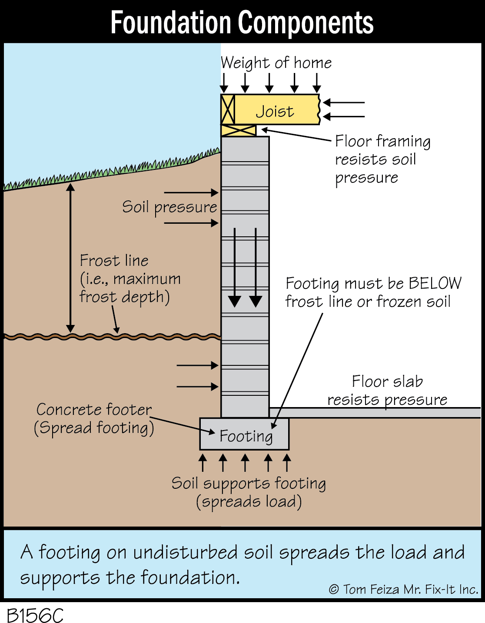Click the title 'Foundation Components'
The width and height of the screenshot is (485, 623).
[242, 22]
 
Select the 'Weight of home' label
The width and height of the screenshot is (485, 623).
[276, 63]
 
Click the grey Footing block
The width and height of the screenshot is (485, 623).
[244, 434]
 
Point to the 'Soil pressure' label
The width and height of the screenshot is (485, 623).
[169, 207]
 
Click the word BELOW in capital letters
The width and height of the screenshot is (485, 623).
[435, 283]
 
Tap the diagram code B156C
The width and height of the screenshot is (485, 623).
[35, 615]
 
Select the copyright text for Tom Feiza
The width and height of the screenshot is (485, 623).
[403, 590]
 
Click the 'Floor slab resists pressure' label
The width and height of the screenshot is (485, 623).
[387, 390]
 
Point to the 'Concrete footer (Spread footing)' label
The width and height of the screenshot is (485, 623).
[94, 418]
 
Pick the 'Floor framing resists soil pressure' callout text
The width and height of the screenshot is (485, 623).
[382, 159]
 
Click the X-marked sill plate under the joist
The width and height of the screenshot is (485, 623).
[239, 130]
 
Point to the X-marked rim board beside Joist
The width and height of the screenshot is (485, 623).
[228, 109]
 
